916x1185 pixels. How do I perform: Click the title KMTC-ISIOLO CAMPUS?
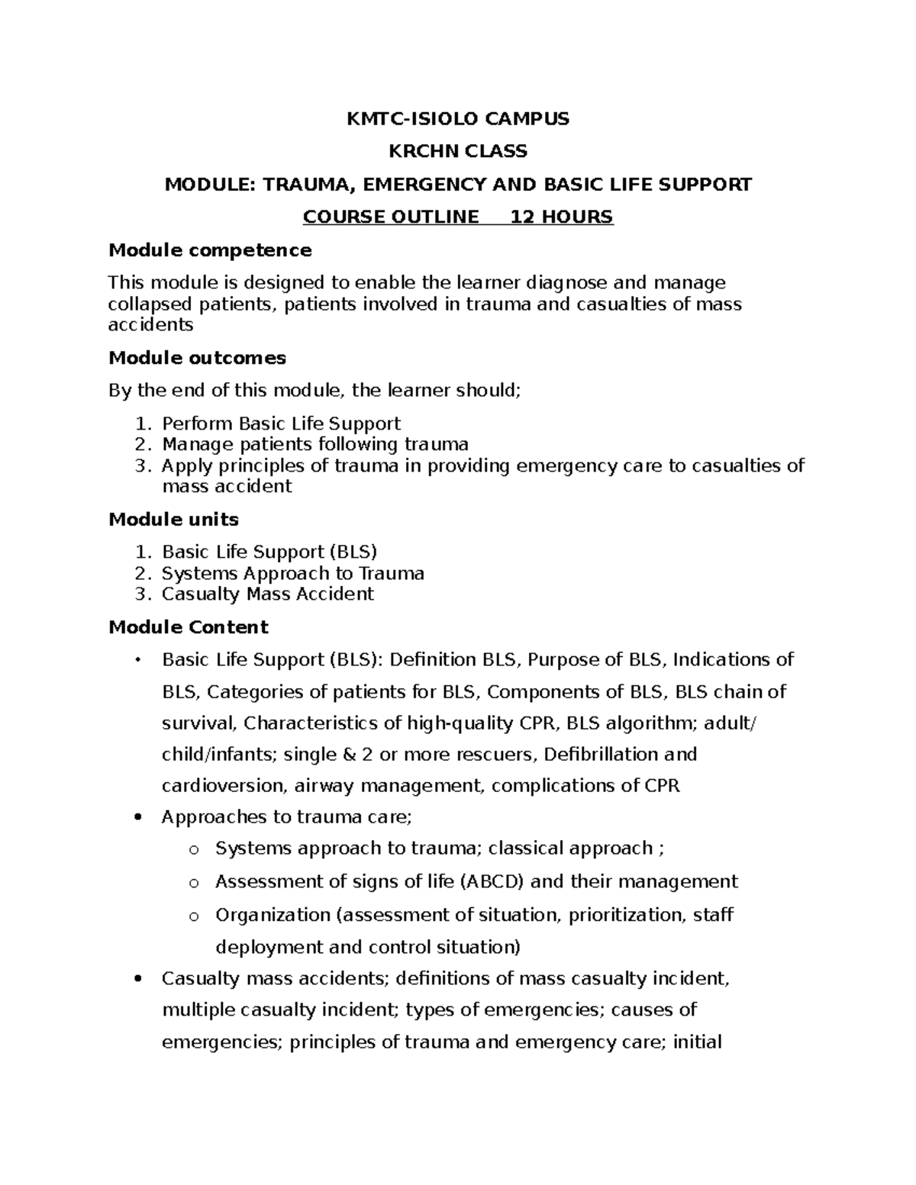pyautogui.click(x=458, y=118)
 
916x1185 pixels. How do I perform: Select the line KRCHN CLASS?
pyautogui.click(x=458, y=151)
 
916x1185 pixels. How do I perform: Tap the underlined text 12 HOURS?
pyautogui.click(x=561, y=217)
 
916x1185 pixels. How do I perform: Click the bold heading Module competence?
pyautogui.click(x=210, y=250)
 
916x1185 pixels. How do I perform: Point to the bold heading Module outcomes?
pyautogui.click(x=197, y=358)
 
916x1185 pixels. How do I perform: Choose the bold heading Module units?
pyautogui.click(x=173, y=520)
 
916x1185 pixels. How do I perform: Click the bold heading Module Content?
pyautogui.click(x=189, y=627)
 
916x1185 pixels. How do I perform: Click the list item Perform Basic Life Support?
pyautogui.click(x=281, y=423)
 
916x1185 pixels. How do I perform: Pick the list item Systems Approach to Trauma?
pyautogui.click(x=292, y=573)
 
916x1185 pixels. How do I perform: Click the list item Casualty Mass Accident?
pyautogui.click(x=267, y=594)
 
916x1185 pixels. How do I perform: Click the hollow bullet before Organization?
pyautogui.click(x=193, y=916)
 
